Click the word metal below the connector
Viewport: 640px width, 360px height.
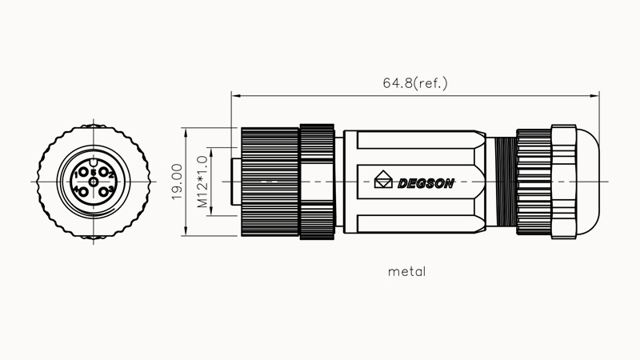click(406, 271)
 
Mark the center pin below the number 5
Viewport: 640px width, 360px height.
click(94, 182)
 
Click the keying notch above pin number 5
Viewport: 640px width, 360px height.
click(94, 163)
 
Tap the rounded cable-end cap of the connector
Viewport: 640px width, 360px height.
click(588, 182)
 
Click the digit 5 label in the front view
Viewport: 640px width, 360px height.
click(94, 171)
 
